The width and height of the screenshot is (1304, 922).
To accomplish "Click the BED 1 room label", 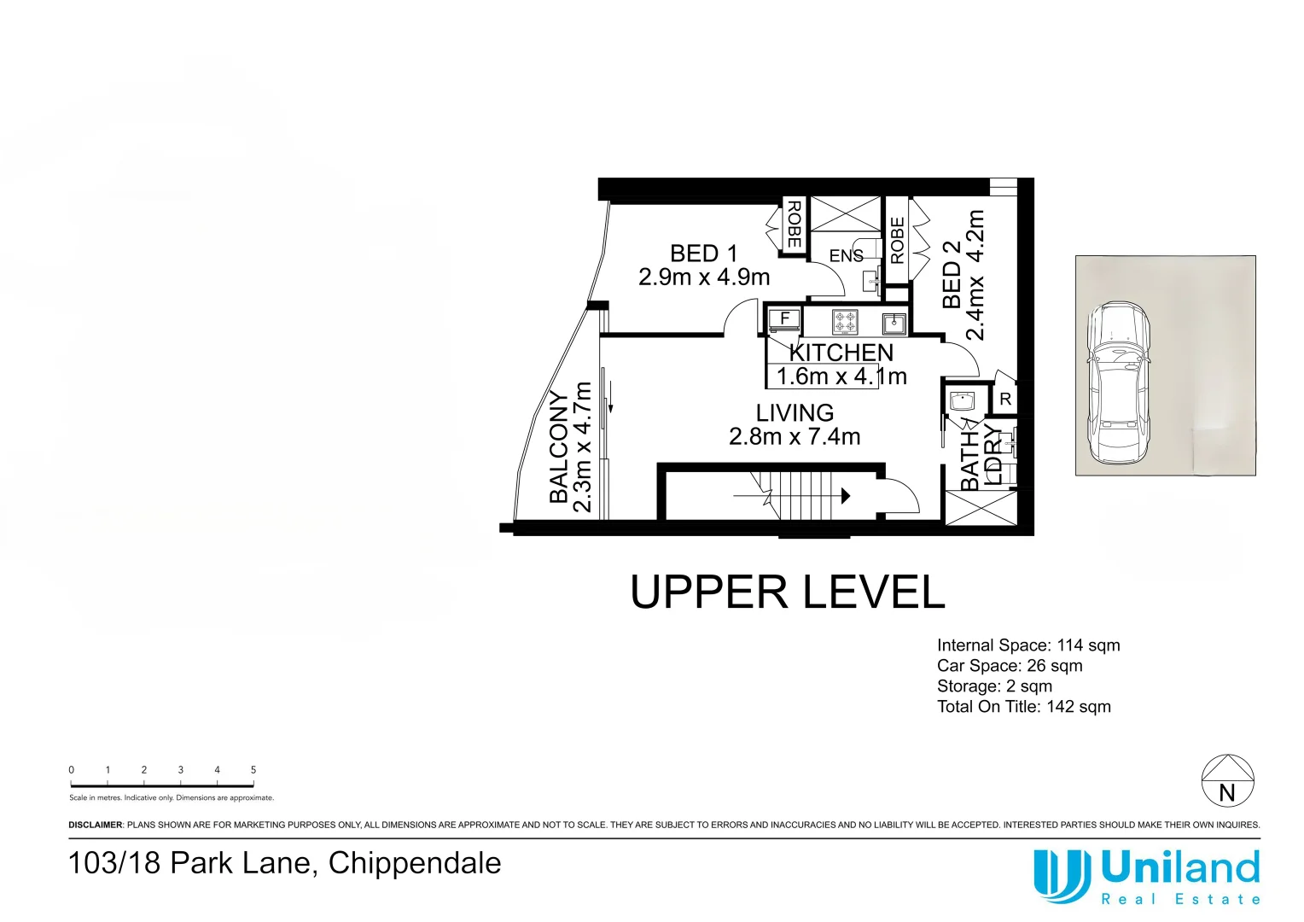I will (703, 254).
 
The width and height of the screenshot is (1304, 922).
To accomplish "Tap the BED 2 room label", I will (952, 275).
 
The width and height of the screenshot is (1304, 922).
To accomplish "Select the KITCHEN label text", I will (841, 353).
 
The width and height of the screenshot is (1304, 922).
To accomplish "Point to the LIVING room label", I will (795, 413).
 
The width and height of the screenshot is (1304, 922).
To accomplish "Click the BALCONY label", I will (559, 446).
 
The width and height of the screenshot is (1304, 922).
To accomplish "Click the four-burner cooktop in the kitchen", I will (845, 322).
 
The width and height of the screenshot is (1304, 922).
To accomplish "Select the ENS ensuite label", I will (846, 256).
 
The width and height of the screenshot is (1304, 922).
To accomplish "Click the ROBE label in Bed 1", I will (794, 224).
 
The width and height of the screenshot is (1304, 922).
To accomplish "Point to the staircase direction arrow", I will (845, 495).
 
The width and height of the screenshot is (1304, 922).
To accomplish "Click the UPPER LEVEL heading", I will (787, 592).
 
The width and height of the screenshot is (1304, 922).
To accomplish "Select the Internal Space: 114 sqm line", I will (1027, 646).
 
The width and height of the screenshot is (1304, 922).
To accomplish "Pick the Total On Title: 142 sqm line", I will (1023, 707).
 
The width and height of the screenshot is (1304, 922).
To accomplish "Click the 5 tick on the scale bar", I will (253, 770).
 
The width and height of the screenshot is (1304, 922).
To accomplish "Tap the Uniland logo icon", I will (1061, 875).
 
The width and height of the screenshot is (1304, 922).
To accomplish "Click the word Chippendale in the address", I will (415, 863).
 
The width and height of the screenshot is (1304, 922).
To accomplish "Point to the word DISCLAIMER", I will (96, 826).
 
